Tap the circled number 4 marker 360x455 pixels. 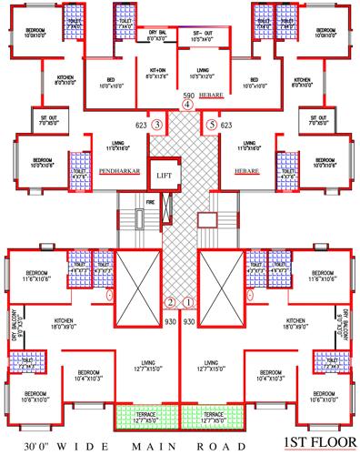187,105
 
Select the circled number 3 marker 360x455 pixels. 157,124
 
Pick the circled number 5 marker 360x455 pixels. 213,124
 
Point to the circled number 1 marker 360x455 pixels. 189,302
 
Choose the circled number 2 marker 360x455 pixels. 168,302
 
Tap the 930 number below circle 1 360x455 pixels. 190,321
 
